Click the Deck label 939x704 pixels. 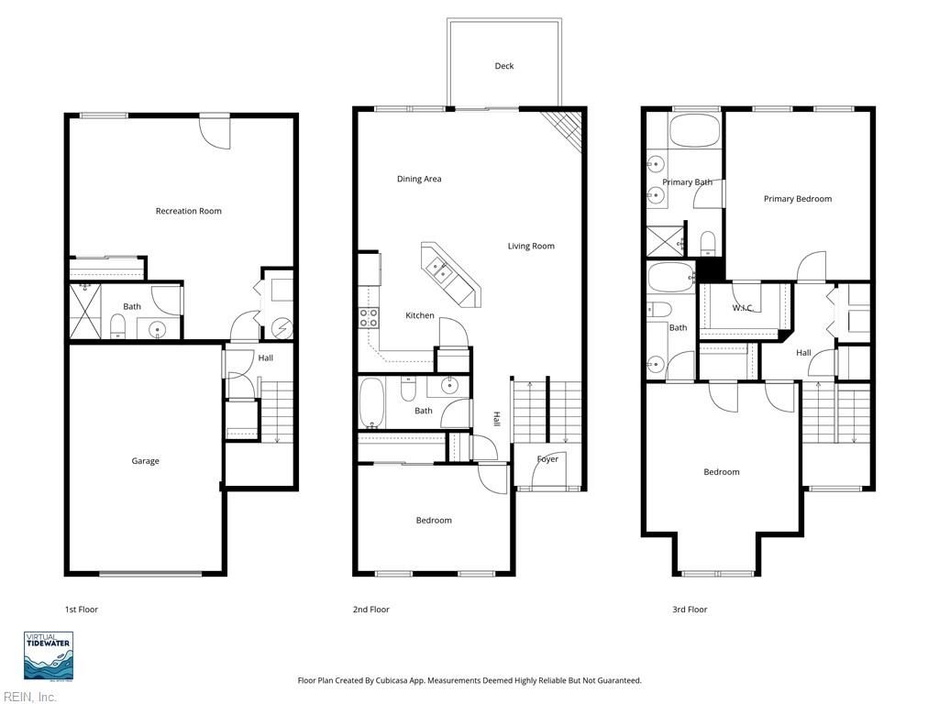coord(504,66)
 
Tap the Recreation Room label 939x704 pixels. coord(188,211)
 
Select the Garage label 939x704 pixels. coord(145,461)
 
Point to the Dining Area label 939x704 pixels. coord(419,179)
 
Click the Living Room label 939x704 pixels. coord(531,246)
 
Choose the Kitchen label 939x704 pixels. coord(420,315)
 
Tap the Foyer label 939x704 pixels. coord(547,459)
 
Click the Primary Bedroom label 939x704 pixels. coord(798,199)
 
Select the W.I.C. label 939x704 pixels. coord(743,308)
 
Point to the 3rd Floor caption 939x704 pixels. coord(690,610)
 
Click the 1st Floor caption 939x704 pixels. coord(81,610)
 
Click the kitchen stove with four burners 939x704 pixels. coord(368,317)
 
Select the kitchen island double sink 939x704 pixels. coord(436,267)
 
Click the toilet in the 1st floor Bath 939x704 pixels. coord(117,324)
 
